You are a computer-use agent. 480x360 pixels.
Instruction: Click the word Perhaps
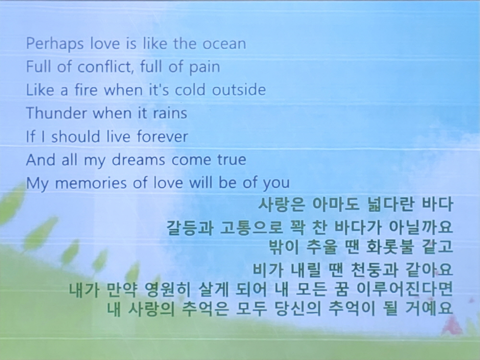coord(55,44)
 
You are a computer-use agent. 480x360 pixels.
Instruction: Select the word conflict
coord(106,66)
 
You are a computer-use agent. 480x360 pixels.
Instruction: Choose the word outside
coord(239,90)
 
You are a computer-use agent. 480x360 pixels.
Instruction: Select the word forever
coord(162,136)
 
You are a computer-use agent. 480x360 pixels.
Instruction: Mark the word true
coord(232,159)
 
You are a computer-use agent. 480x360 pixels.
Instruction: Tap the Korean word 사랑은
coord(282,204)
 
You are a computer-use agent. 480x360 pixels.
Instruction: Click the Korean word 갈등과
coord(190,228)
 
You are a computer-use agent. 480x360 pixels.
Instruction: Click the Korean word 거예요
coord(429,308)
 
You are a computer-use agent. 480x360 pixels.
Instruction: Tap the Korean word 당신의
coord(298,308)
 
